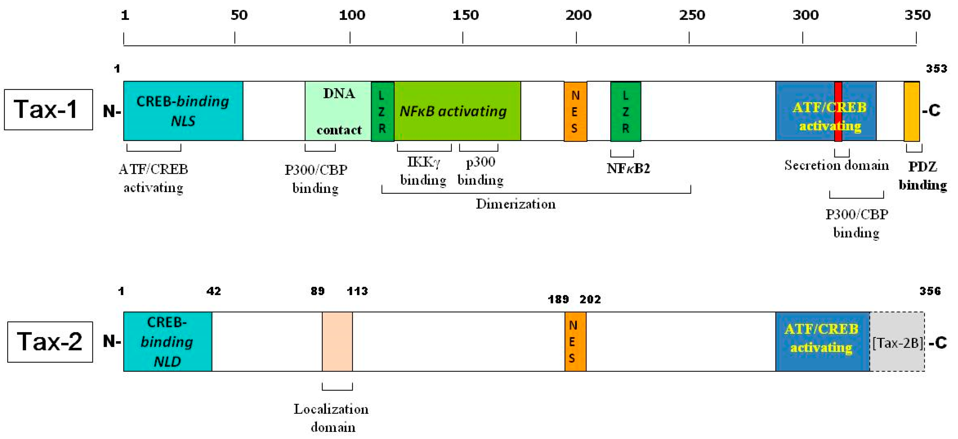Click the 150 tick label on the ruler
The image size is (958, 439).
pos(465,15)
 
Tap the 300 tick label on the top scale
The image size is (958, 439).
pos(805,15)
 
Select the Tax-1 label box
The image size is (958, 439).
pos(48,109)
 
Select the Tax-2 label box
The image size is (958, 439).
pos(50,342)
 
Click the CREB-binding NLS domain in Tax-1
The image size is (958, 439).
pos(183,111)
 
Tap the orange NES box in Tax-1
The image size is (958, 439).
pos(575,111)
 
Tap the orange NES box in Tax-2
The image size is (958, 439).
pos(575,342)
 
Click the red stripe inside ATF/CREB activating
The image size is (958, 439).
pos(838,111)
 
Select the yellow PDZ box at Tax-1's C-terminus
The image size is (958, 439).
pos(912,111)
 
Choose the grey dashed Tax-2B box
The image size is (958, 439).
pos(897,342)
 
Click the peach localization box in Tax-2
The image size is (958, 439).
pos(337,342)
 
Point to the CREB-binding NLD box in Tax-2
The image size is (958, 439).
pos(167,342)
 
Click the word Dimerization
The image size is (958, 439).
pos(515,204)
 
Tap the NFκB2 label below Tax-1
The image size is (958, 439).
pos(628,169)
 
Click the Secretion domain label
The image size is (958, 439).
pos(836,165)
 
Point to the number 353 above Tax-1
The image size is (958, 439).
pos(936,68)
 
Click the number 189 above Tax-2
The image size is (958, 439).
pos(558,299)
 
